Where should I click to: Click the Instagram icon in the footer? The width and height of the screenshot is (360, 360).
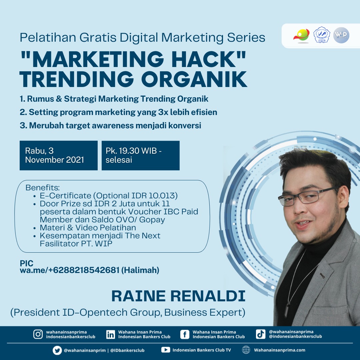tap(38, 334)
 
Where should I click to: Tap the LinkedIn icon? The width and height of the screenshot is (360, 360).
tap(110, 335)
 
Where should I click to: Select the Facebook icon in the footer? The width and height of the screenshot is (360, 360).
tap(185, 335)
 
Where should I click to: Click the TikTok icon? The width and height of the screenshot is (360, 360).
tap(261, 334)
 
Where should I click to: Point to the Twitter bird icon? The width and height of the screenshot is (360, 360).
tap(57, 350)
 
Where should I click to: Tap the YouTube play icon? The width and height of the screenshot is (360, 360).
tap(166, 350)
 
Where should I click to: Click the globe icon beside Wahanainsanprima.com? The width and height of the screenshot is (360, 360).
tap(246, 350)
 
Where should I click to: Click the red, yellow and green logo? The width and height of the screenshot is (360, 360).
tap(301, 36)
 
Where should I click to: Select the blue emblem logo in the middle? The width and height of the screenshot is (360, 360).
tap(322, 35)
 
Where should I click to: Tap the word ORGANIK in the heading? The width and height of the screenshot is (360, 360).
tap(194, 79)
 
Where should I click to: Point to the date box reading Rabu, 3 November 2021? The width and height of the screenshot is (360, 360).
tap(59, 155)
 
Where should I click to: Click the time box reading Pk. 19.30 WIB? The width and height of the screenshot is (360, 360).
tap(141, 155)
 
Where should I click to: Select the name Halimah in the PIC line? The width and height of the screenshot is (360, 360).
tap(140, 270)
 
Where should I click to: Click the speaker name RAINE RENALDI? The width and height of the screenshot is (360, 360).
tap(178, 296)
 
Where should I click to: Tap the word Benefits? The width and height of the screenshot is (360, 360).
tap(42, 188)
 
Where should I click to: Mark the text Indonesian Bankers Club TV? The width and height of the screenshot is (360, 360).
tap(202, 350)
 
